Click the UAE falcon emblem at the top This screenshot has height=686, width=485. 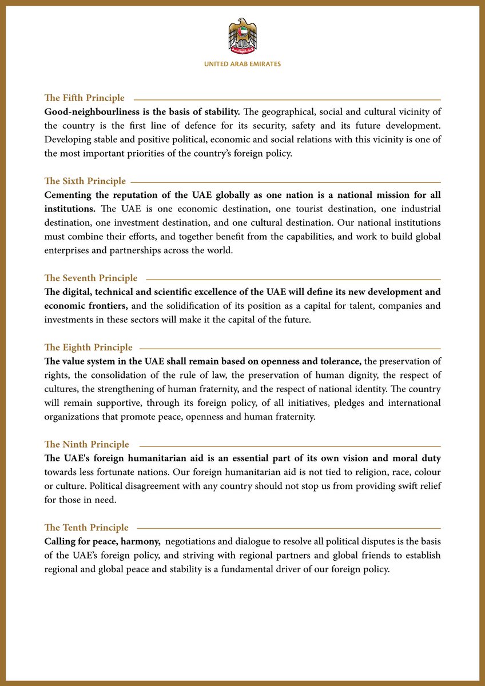click(x=242, y=36)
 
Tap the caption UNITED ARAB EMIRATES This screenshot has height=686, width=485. click(x=242, y=65)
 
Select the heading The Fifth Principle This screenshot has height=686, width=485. click(x=85, y=98)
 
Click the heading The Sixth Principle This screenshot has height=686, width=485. click(x=85, y=181)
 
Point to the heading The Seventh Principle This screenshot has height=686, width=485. click(x=91, y=278)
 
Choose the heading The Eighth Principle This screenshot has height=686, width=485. click(x=89, y=348)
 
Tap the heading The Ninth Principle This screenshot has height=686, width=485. click(x=87, y=445)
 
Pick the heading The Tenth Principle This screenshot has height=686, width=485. click(x=86, y=528)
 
